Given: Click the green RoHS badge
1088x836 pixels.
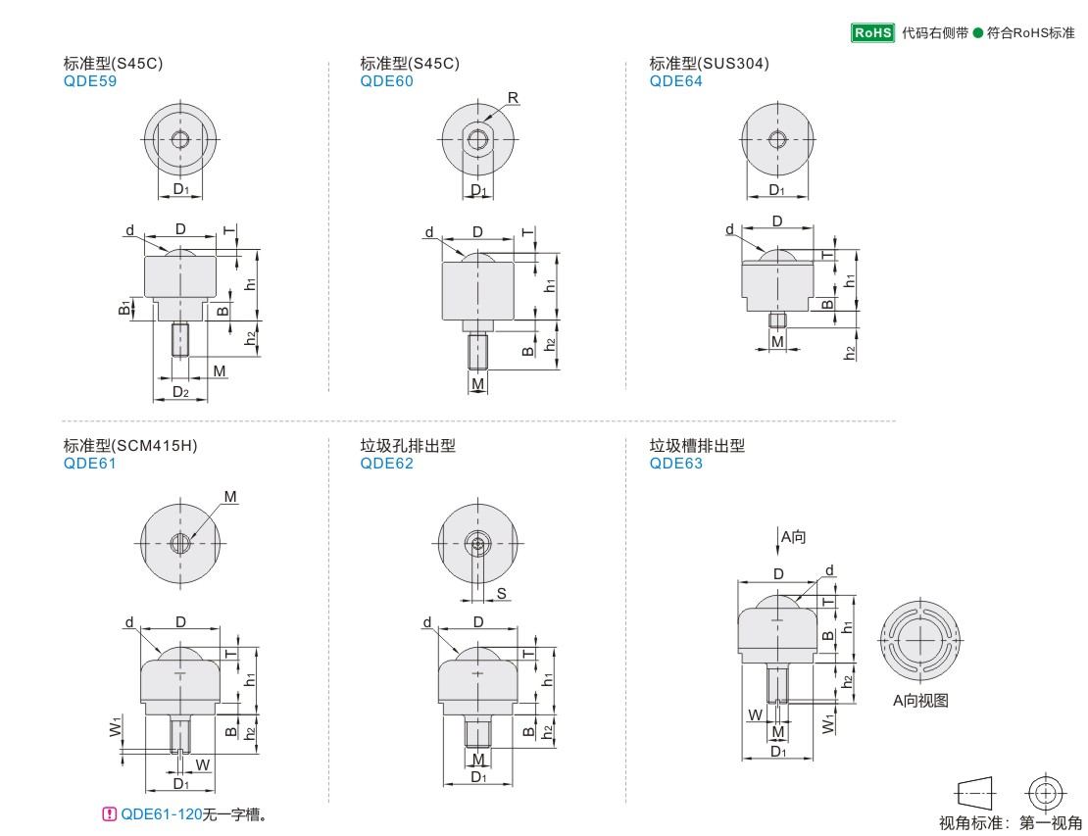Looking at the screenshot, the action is (872, 32).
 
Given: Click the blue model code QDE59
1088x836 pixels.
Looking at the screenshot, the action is (90, 81).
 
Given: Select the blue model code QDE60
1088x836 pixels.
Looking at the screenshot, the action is (386, 81).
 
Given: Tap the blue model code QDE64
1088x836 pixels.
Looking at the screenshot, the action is (676, 81).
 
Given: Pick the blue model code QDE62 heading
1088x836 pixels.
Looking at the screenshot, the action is (386, 464).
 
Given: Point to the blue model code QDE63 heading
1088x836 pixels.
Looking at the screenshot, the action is (676, 464).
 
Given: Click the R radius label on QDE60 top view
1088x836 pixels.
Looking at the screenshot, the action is (513, 98).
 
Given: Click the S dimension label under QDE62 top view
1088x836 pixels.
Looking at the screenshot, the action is (502, 593).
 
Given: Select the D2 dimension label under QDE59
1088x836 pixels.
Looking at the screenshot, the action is (180, 392).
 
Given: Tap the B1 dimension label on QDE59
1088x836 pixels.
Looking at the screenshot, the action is (124, 308).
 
